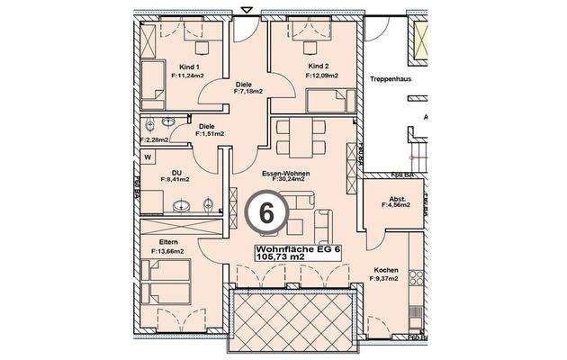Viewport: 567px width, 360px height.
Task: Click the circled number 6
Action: point(266,213)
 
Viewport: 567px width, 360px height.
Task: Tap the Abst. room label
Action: point(396,199)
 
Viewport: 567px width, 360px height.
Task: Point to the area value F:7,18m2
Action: point(247,91)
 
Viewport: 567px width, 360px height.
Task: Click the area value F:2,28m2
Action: point(157,139)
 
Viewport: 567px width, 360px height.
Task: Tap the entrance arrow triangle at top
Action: point(247,9)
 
